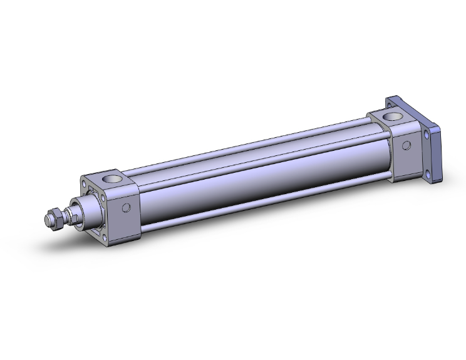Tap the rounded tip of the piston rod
[x=47, y=220]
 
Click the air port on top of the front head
[x=113, y=180]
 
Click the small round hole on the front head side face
[x=127, y=208]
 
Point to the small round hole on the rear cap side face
[x=406, y=146]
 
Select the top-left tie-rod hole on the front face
[x=85, y=183]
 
